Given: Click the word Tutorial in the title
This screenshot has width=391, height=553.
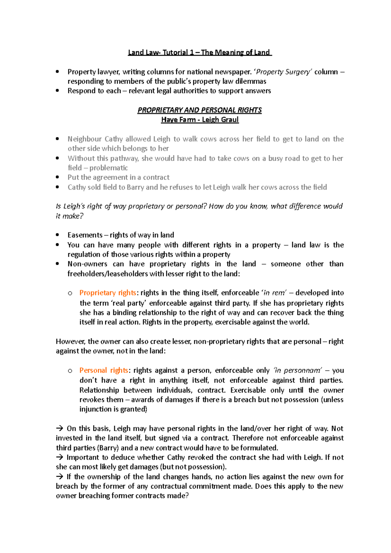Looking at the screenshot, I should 175,52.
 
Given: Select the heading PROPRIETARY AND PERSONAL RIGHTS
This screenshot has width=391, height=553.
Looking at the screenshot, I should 199,110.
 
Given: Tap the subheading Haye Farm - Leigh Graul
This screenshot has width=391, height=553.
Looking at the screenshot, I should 200,120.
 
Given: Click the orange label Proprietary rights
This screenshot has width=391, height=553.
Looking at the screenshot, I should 108,293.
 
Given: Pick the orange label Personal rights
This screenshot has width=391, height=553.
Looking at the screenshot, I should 104,370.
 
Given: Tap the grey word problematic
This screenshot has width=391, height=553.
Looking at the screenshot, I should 109,168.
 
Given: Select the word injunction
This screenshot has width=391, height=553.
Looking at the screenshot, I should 95,409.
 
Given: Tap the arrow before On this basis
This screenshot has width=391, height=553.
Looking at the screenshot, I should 60,429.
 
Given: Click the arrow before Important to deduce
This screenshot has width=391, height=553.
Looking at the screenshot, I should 60,458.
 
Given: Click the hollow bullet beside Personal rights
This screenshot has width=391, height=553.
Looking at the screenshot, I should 70,371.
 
